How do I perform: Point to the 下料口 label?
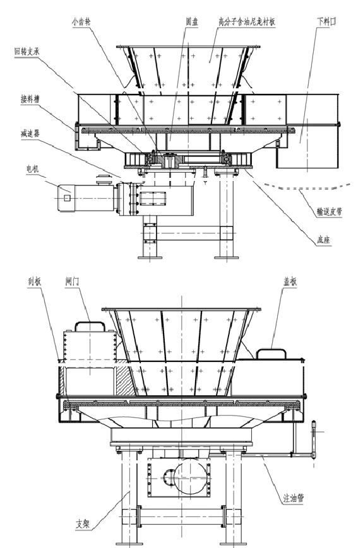pyautogui.click(x=326, y=20)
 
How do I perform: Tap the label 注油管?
pyautogui.click(x=292, y=498)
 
